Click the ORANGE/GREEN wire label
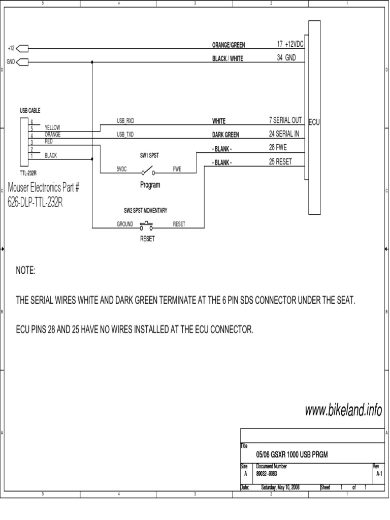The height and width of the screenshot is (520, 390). tap(229, 45)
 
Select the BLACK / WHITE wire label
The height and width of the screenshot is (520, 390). tap(227, 58)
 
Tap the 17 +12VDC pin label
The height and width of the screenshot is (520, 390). tap(286, 45)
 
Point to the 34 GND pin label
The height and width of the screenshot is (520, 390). tap(286, 58)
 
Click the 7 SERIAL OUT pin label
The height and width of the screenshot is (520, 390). tap(285, 120)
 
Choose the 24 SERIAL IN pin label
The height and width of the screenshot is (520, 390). tap(284, 134)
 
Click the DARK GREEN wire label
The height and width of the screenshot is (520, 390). tap(225, 135)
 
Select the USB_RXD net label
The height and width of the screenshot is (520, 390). tap(125, 121)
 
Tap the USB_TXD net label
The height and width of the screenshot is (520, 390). tap(125, 135)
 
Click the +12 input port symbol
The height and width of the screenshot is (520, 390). tap(22, 49)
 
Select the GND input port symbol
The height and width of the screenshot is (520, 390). tap(22, 62)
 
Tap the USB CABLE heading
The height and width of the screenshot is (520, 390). tap(30, 110)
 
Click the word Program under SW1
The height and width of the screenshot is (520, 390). tap(150, 185)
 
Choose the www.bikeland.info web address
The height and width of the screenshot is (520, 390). tap(343, 411)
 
